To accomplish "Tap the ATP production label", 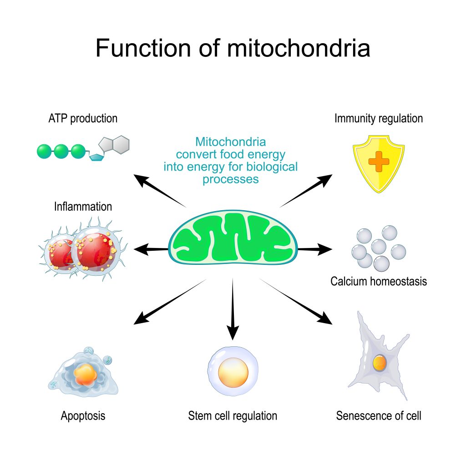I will click(83, 119).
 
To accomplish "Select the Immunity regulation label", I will click(379, 119).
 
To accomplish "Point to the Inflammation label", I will click(83, 207).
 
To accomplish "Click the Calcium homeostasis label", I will click(379, 281).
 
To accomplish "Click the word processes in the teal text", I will click(231, 179).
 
